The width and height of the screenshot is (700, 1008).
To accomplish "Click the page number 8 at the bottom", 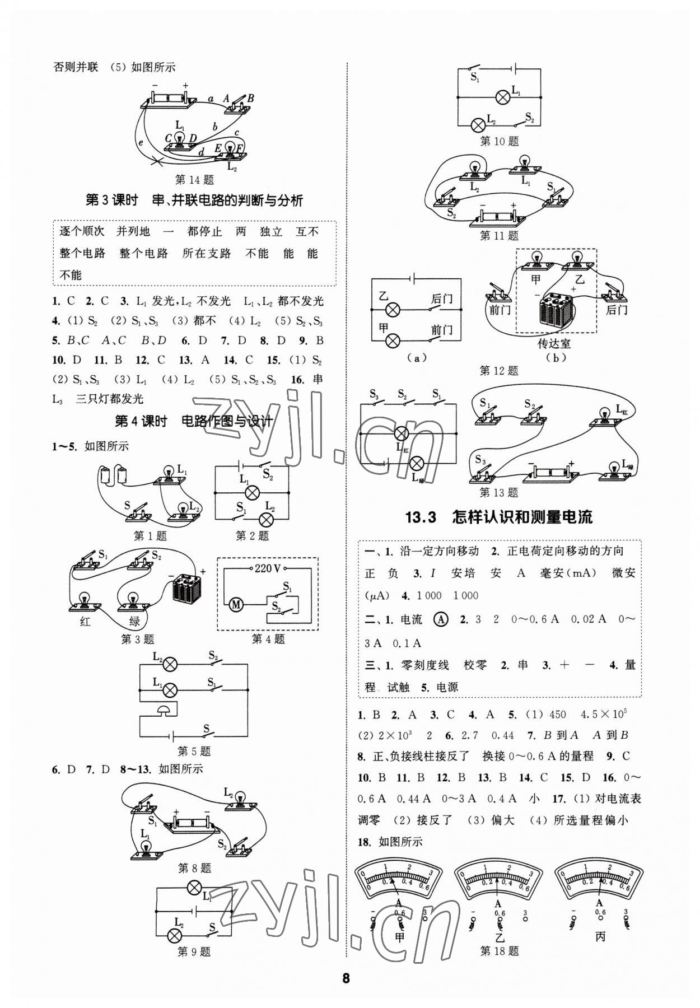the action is pos(346,978).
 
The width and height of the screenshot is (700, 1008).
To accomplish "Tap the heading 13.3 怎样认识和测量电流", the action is pos(498,517).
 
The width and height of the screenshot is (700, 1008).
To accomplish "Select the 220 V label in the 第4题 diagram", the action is pos(267,568).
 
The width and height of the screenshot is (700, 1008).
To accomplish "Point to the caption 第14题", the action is pos(194,180).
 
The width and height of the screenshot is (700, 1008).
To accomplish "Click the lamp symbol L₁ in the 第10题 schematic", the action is pos(503,97).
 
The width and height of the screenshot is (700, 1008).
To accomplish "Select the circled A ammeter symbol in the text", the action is pos(441,619).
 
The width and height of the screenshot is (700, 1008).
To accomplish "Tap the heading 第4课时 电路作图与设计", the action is pos(194,421).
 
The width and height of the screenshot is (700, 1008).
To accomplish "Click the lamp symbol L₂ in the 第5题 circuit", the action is pos(170,664).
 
